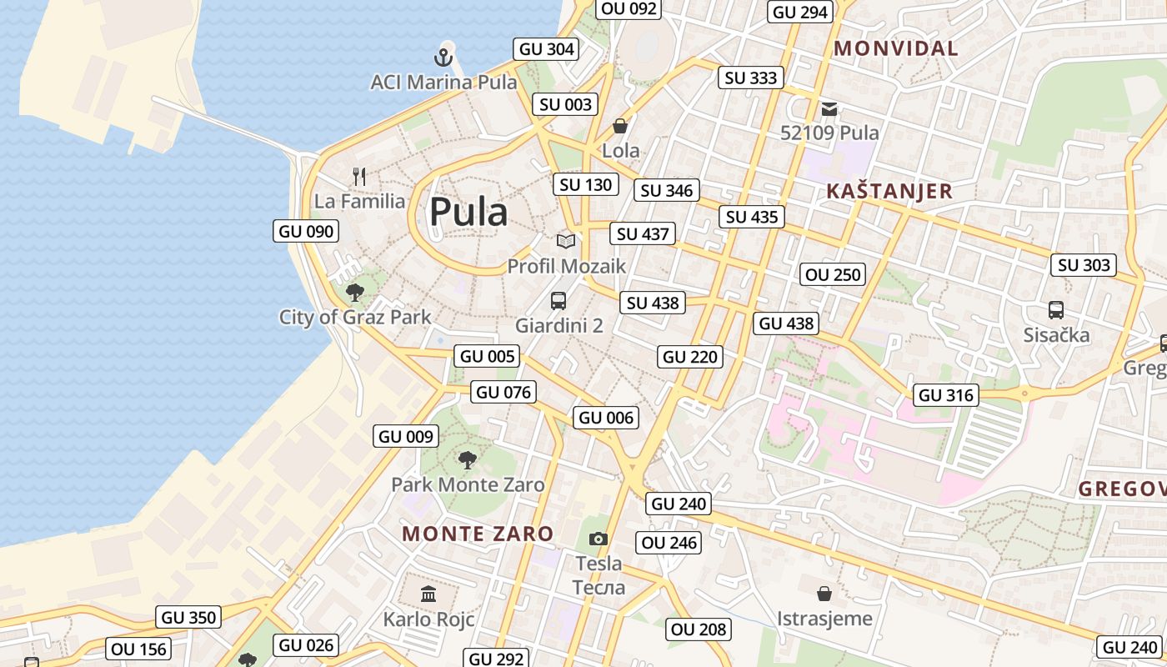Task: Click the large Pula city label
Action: (468, 212)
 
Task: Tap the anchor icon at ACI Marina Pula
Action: (443, 58)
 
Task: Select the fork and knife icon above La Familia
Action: (359, 177)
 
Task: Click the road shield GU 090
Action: (306, 231)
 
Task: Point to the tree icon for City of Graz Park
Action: (355, 292)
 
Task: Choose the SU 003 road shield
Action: (566, 104)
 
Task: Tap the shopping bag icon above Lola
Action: (620, 126)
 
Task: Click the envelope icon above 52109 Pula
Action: (829, 108)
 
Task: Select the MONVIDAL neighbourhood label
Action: (896, 48)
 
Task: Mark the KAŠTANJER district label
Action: (889, 191)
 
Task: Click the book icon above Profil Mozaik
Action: (566, 241)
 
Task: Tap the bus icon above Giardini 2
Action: (558, 301)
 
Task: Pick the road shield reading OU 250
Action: (833, 274)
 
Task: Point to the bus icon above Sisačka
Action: (1056, 310)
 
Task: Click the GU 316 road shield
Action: (946, 394)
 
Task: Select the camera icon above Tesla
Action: (599, 539)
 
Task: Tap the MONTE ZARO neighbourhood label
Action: (478, 534)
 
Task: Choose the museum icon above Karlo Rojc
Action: (428, 594)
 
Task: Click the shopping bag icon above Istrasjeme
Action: (824, 594)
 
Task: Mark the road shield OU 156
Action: (139, 649)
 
